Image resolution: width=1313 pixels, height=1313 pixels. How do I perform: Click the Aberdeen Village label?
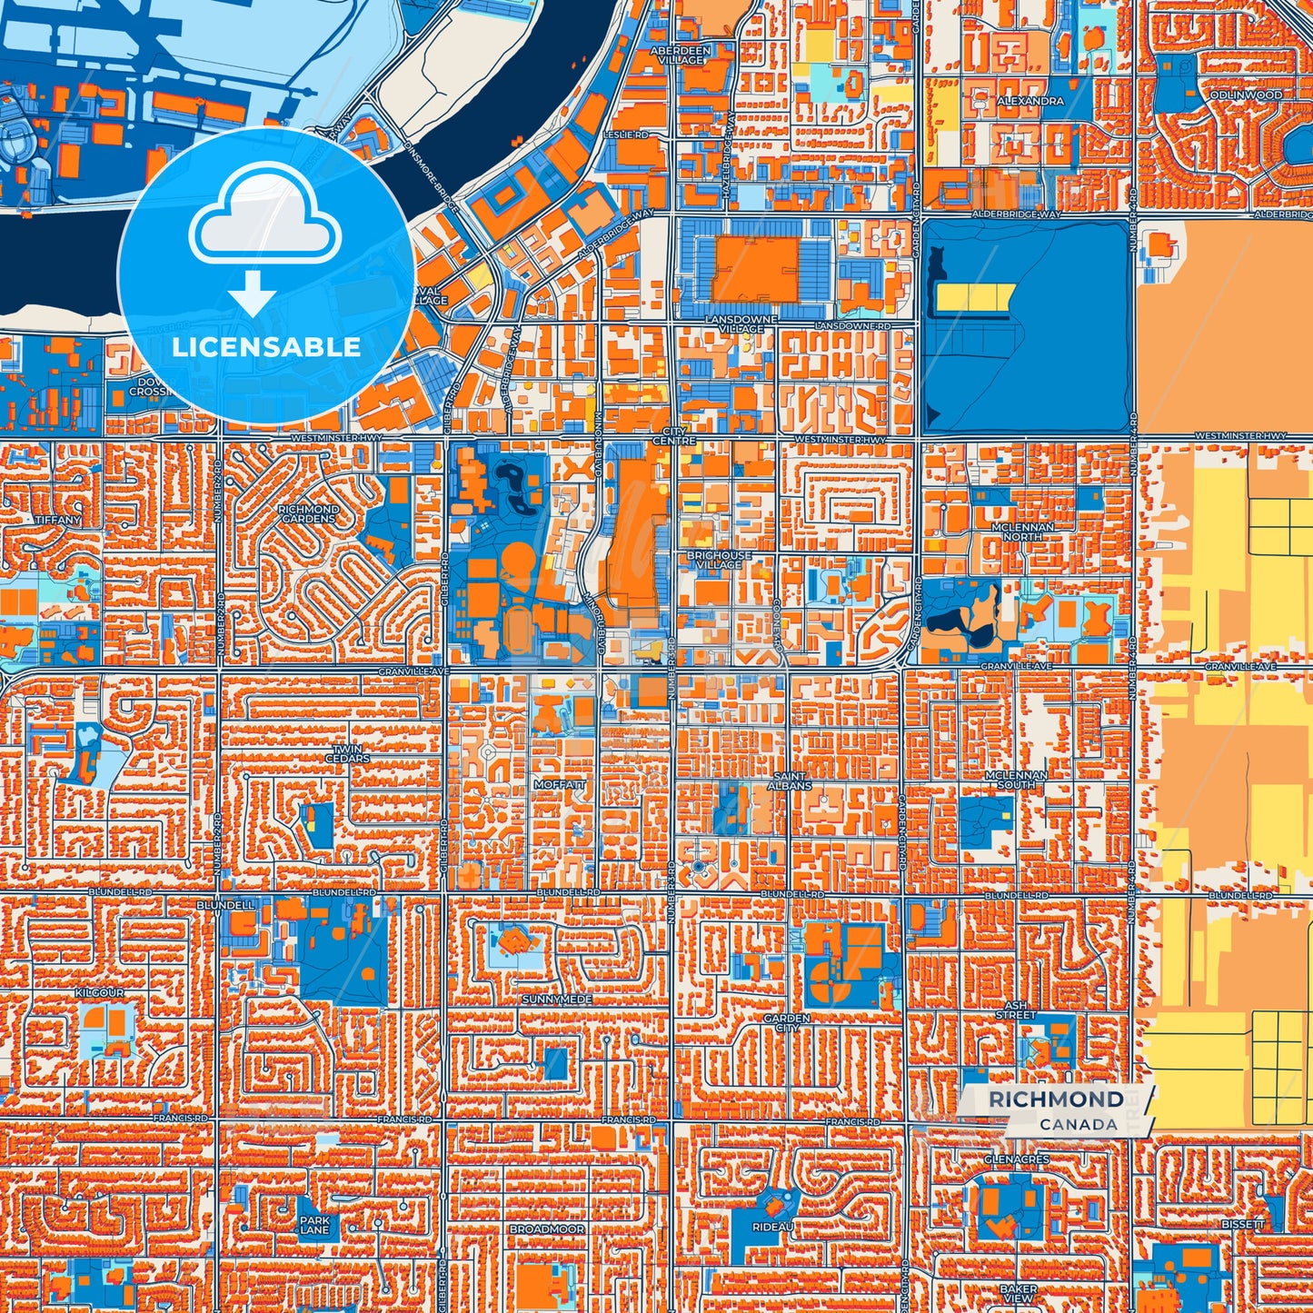(681, 55)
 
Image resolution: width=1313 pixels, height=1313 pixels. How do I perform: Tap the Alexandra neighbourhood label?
(1030, 101)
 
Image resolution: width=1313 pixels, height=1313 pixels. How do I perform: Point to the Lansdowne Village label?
(742, 324)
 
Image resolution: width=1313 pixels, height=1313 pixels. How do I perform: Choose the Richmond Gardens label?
(308, 514)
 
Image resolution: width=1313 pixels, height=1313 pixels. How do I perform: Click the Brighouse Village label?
(719, 560)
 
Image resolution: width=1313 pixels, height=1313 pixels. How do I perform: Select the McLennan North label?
(1022, 532)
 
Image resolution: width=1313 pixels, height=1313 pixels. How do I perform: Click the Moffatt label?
(560, 784)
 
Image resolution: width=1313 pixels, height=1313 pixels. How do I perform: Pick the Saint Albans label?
(789, 781)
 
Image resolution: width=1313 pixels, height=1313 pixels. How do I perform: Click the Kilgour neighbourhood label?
(100, 993)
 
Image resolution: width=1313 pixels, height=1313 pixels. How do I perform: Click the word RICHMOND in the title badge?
(1055, 1099)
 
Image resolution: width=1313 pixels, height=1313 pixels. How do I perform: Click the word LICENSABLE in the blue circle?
(265, 347)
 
